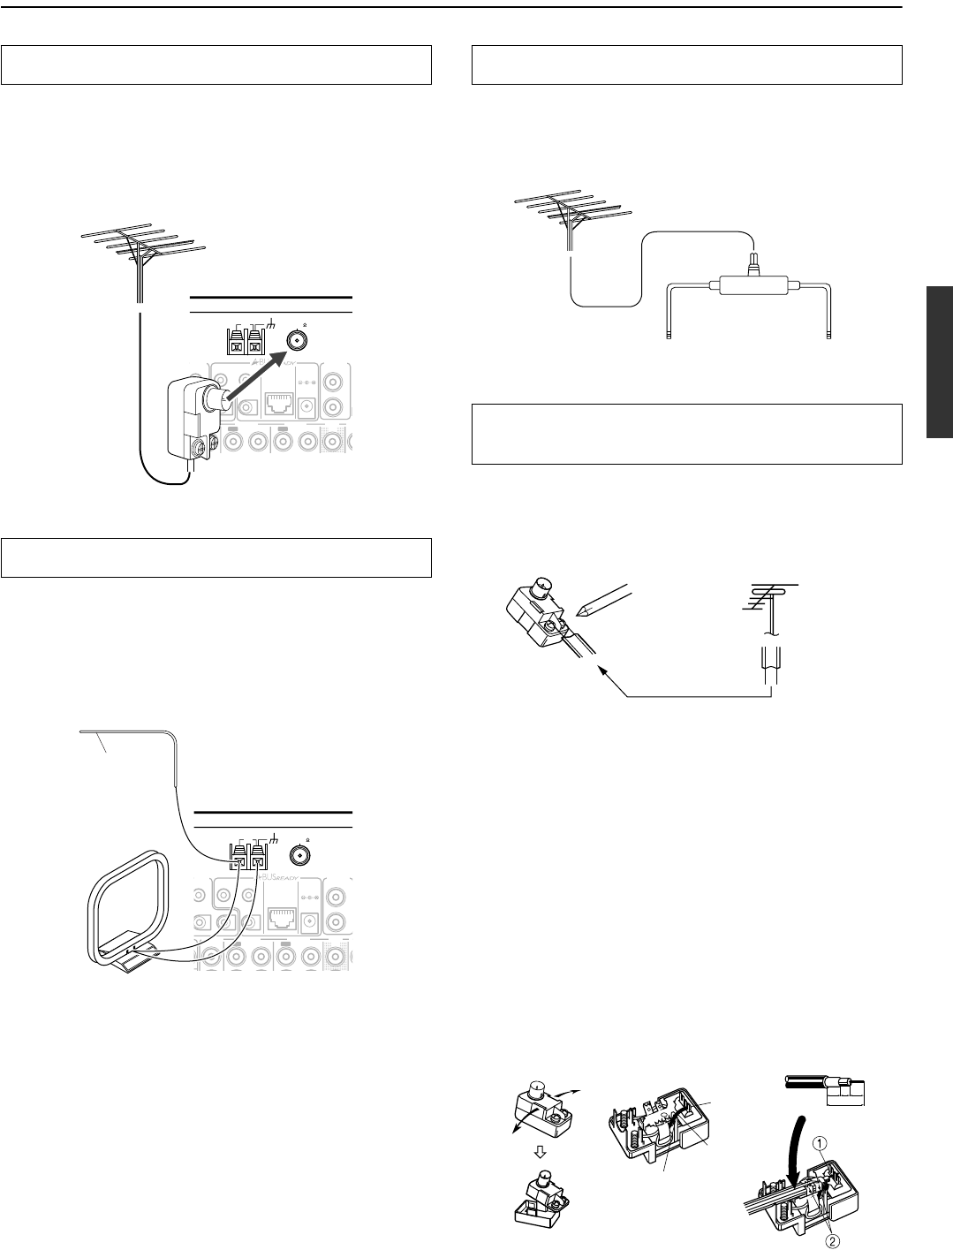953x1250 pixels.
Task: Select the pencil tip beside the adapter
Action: point(579,610)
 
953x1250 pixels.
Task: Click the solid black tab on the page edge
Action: point(940,361)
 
